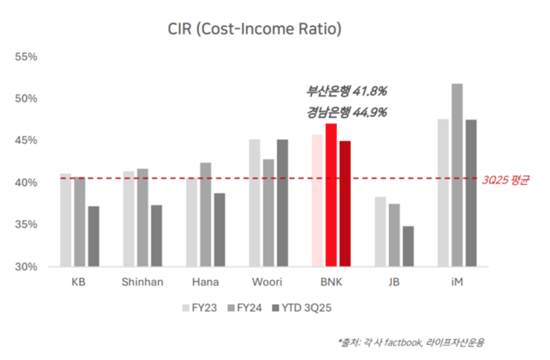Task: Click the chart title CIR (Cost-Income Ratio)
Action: coord(255,30)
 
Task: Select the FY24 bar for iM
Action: coord(457,175)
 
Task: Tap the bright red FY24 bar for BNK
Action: coord(331,195)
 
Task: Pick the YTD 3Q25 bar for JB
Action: coord(408,246)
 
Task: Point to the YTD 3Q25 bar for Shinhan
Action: coord(156,236)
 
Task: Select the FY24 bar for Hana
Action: coord(205,214)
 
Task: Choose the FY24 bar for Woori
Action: coord(269,212)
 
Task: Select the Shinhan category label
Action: coord(142,282)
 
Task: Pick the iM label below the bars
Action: coord(457,282)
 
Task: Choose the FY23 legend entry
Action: coord(199,308)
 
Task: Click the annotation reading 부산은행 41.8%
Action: coord(347,91)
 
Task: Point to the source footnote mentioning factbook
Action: coord(411,343)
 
